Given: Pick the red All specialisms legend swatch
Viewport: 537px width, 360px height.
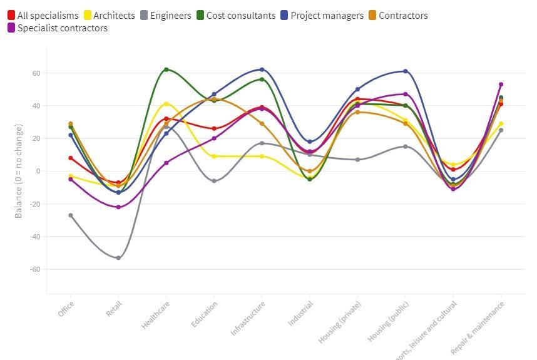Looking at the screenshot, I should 11,16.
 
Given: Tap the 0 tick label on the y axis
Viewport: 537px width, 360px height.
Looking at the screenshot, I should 38,171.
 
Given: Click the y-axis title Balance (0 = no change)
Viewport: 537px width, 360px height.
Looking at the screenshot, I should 19,171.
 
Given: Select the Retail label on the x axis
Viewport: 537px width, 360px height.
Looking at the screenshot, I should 114,309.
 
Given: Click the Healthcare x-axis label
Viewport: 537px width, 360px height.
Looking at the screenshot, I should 156,316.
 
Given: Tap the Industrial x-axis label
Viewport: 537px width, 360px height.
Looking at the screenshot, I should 300,313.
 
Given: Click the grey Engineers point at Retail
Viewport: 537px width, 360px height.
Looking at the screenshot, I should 118,258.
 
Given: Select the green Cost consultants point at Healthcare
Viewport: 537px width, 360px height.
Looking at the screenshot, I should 166,69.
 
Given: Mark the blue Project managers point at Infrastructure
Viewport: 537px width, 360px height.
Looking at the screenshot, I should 262,69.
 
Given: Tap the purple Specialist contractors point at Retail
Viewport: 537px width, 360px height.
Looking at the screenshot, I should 118,207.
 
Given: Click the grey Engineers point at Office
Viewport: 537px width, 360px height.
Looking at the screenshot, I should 71,215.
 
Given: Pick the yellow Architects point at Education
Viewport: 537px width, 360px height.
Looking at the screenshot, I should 214,157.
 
